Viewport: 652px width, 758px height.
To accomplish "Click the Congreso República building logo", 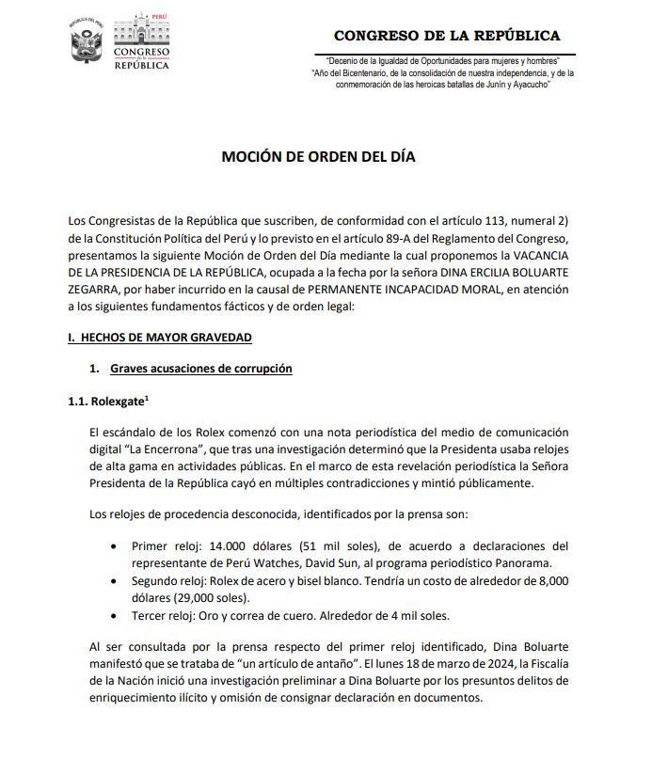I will tap(142, 41).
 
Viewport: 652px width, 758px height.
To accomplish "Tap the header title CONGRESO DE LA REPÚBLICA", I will tap(447, 36).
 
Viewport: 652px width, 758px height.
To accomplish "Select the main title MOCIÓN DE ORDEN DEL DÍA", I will tap(318, 157).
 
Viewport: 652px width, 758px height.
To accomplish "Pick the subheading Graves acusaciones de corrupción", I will tap(200, 369).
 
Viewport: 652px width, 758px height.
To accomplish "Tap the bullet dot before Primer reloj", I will tap(114, 546).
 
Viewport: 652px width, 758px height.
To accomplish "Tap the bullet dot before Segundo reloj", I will tap(114, 581).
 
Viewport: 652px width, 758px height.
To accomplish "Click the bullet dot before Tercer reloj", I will tap(114, 616).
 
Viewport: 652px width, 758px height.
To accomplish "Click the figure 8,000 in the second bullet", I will tap(549, 581).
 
